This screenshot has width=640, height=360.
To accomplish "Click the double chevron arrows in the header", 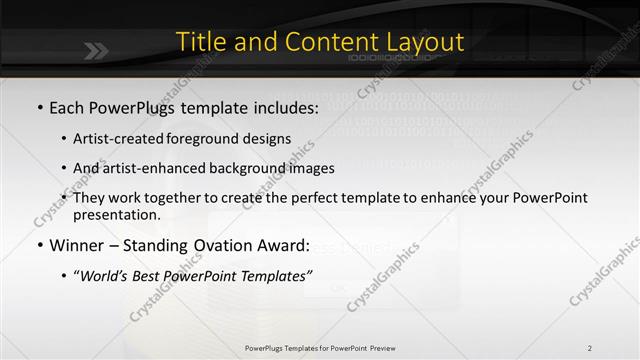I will (x=96, y=51).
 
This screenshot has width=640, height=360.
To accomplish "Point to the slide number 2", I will (x=589, y=348).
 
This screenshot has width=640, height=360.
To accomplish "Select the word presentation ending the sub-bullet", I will (x=116, y=214).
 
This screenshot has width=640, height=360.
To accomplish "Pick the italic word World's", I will (x=108, y=276).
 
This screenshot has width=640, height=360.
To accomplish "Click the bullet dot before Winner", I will (x=39, y=245).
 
